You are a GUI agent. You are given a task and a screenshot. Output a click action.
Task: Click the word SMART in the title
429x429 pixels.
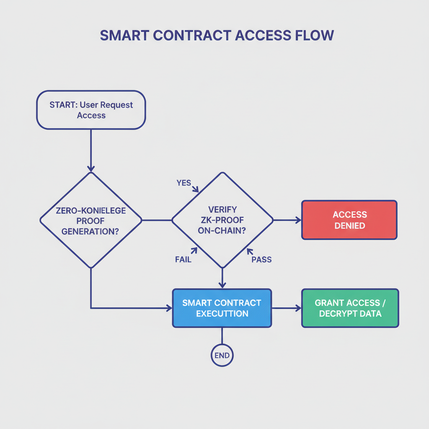coord(124,36)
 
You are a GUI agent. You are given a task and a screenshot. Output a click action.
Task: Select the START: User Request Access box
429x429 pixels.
coord(91,110)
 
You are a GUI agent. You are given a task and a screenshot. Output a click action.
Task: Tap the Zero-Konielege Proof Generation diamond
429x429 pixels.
coord(91,220)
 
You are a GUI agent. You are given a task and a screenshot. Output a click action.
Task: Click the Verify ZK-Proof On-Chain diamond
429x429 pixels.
coord(222,220)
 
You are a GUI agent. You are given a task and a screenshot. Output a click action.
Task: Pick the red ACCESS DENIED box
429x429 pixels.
coord(349,220)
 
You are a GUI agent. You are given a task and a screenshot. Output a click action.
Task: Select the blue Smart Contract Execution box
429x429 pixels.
coord(222,308)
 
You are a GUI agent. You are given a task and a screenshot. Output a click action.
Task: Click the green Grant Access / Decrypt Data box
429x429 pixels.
coord(350,308)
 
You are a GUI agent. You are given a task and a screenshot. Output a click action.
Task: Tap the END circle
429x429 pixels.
coord(222,356)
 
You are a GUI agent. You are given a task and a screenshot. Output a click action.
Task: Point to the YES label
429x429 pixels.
coord(183,183)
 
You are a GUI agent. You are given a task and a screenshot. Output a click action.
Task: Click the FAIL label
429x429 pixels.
coord(183,259)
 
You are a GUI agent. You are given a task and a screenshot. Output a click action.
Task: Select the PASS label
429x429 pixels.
coord(261,259)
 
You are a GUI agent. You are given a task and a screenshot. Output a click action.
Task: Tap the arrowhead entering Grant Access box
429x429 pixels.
coord(298,308)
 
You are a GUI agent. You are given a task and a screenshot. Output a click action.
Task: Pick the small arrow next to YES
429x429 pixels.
coord(195,189)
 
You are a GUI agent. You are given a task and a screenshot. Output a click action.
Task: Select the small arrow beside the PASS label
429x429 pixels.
coord(250,251)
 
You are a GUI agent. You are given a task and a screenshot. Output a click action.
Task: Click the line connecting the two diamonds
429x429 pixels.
coord(157,220)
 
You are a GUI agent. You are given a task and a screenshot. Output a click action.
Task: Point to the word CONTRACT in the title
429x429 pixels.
coord(191,36)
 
